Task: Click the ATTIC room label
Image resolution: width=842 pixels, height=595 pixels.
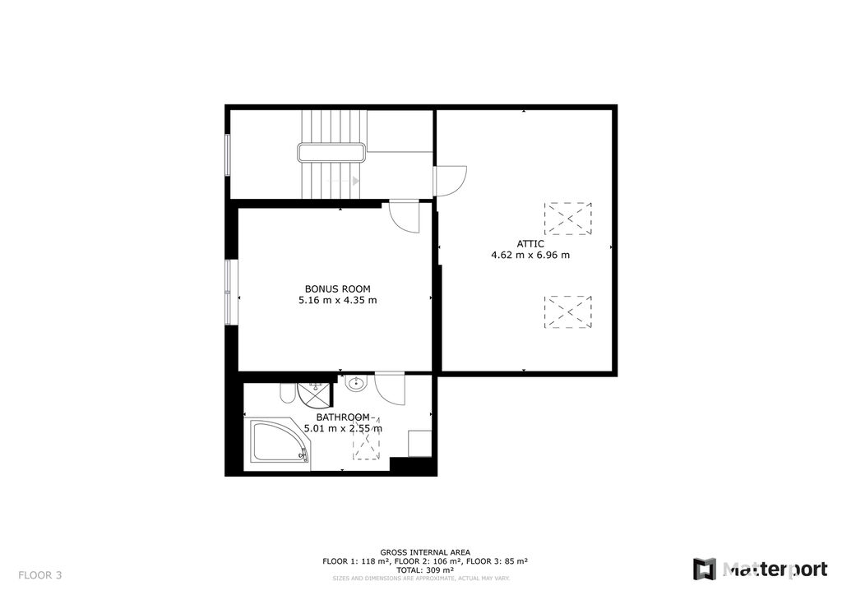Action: (x=530, y=244)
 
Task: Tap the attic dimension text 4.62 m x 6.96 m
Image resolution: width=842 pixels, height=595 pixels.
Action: (x=530, y=255)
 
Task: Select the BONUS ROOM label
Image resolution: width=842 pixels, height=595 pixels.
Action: (x=337, y=289)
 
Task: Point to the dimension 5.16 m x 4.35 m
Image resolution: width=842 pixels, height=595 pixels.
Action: (x=337, y=300)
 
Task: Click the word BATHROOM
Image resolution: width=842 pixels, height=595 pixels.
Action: (x=343, y=417)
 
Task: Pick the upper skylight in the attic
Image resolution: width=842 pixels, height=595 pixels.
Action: (x=567, y=219)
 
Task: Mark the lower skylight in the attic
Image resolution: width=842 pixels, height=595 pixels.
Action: (x=567, y=311)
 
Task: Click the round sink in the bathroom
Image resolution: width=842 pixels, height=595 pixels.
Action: (x=355, y=384)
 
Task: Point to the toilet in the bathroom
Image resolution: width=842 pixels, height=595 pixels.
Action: (x=286, y=394)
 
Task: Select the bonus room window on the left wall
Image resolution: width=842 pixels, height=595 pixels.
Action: (x=229, y=293)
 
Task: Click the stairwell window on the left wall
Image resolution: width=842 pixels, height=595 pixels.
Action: (x=228, y=155)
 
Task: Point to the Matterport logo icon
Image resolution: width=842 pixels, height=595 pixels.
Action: (x=704, y=570)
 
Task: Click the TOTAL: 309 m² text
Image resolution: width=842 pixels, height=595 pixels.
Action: (x=425, y=570)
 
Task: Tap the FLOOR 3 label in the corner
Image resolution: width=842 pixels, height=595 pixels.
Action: (x=40, y=575)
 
